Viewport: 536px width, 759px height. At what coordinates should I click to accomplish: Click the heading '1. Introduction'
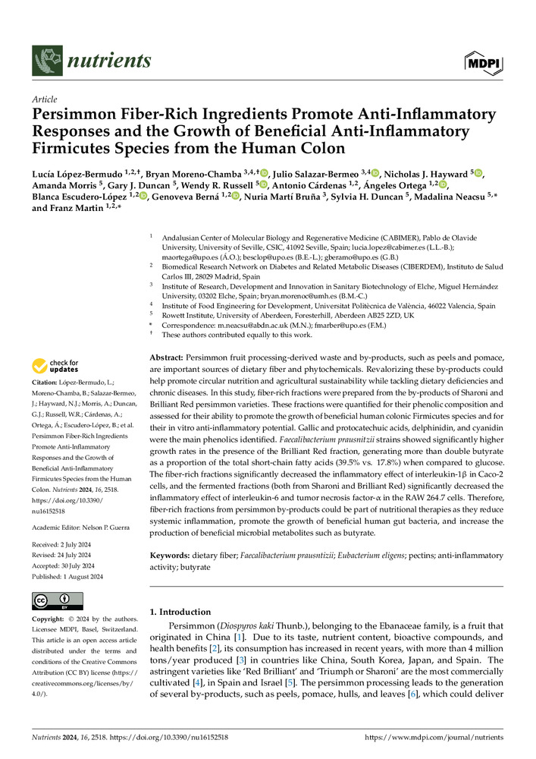coord(180,612)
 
